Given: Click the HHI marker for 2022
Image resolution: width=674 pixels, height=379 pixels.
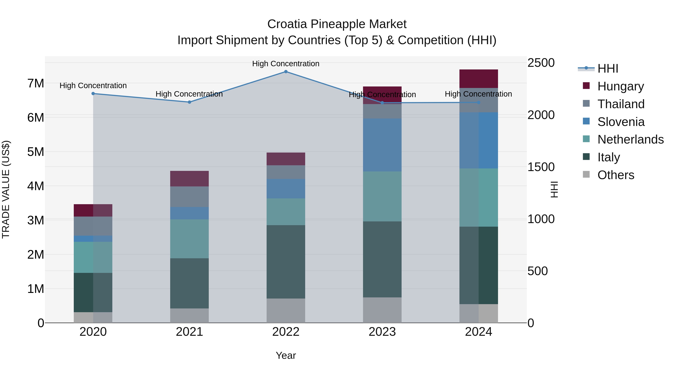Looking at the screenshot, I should click(x=286, y=72).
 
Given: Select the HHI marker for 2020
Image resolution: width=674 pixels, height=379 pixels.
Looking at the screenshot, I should click(x=93, y=94).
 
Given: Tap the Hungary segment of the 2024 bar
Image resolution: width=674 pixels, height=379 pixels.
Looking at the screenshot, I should click(x=479, y=79).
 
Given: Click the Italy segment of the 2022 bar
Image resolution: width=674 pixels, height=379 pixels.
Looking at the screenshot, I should click(x=286, y=262).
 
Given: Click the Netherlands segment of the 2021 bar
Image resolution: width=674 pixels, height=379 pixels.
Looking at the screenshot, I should click(x=189, y=239).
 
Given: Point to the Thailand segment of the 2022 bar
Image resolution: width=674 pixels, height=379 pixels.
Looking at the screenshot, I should click(x=286, y=172).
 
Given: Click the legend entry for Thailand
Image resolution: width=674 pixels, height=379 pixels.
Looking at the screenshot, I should click(x=621, y=104).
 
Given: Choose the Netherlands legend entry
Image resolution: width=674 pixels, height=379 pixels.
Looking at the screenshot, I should click(x=630, y=139).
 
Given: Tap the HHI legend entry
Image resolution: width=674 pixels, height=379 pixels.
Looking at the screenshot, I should click(x=608, y=69).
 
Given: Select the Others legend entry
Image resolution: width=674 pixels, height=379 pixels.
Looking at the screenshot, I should click(x=615, y=175).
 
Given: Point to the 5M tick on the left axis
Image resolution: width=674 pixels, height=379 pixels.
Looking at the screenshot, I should click(x=36, y=152).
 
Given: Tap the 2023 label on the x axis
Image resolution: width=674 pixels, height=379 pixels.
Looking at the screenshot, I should click(x=382, y=332).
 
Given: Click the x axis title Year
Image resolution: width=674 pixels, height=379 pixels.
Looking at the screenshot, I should click(x=286, y=355).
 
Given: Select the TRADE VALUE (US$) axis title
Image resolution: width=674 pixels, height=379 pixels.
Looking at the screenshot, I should click(x=6, y=189).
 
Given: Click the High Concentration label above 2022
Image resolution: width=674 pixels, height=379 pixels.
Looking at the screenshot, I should click(x=286, y=64).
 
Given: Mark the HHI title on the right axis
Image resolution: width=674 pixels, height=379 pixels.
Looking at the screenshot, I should click(x=554, y=189).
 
